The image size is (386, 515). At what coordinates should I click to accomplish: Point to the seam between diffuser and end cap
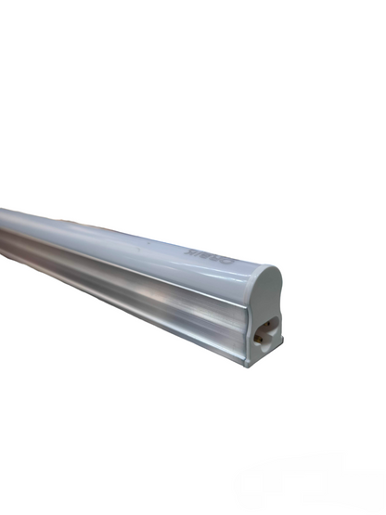[249, 278]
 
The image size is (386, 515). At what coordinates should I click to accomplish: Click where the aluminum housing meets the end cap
[246, 325]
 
